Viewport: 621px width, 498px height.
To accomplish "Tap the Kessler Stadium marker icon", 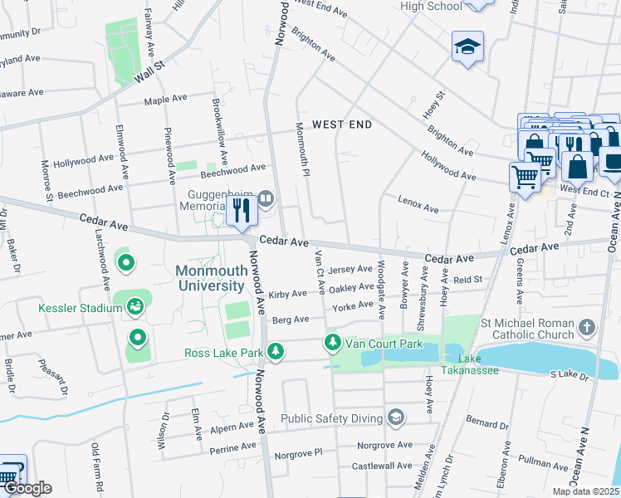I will (135, 308).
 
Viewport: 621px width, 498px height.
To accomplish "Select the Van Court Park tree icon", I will (333, 342).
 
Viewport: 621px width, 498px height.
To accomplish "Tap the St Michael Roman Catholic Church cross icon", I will (588, 326).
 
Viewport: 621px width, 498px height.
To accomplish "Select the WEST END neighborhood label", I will (341, 124).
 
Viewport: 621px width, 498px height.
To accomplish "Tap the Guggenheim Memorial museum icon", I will (266, 198).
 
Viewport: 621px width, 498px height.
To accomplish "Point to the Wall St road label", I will (151, 71).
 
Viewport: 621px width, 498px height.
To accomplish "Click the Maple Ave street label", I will (165, 100).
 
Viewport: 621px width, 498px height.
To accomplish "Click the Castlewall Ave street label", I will (382, 466).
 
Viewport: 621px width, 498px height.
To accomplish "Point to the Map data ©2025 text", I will (584, 491).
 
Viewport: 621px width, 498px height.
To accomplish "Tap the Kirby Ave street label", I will (288, 295).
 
